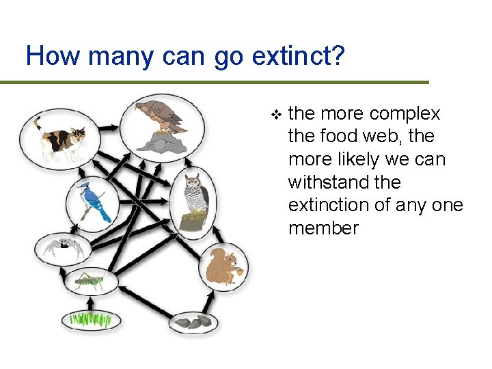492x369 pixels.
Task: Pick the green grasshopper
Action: pos(91,280)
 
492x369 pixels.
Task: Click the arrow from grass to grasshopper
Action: pos(88,300)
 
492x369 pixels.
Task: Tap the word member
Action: pos(323,228)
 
